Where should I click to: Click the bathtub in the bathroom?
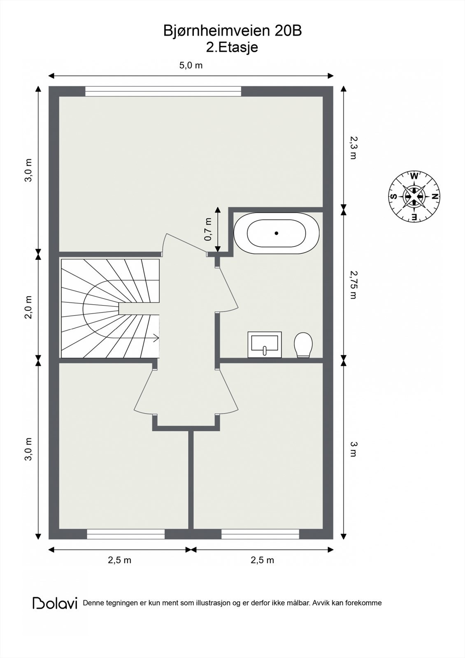click(x=277, y=233)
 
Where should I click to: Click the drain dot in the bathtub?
click(x=277, y=233)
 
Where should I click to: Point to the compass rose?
click(x=414, y=197)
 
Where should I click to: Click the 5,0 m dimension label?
click(x=191, y=65)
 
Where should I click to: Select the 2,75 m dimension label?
click(x=353, y=284)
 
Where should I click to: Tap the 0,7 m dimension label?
click(x=208, y=230)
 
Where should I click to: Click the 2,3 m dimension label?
click(x=353, y=148)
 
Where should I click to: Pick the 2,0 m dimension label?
click(x=28, y=307)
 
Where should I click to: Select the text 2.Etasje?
click(x=232, y=47)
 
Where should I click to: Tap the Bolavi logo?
click(x=55, y=603)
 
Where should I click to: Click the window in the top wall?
click(x=163, y=91)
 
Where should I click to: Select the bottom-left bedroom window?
click(x=126, y=534)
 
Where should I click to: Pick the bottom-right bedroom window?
click(x=260, y=534)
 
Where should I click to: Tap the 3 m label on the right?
click(x=353, y=449)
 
